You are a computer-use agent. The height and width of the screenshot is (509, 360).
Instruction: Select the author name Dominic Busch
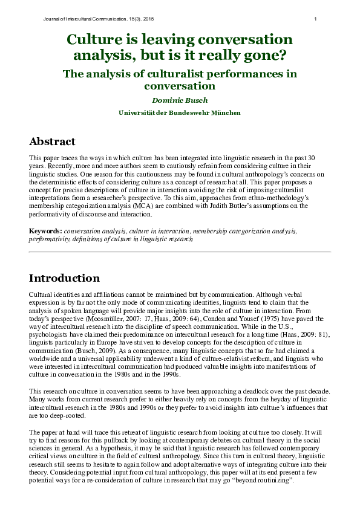pos(179,100)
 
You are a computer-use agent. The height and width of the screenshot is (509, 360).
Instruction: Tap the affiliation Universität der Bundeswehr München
pos(179,112)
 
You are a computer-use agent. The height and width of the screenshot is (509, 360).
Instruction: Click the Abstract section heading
pos(53,141)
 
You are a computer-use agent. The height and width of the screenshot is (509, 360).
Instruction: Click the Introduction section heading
pos(64,278)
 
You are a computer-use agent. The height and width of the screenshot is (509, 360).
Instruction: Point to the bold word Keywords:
pos(46,232)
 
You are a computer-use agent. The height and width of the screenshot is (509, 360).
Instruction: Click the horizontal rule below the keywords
pos(180,251)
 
